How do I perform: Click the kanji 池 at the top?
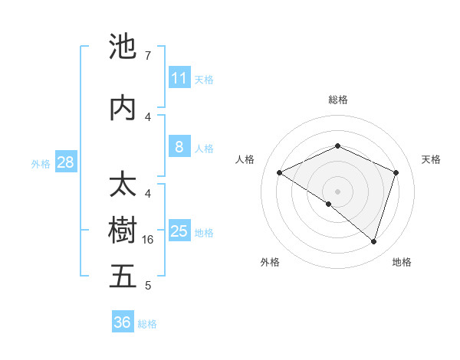123,47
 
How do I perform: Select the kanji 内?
123,108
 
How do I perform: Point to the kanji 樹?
123,231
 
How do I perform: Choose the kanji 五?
123,277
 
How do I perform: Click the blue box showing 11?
179,77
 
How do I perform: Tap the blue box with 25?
179,231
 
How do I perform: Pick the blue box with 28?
65,162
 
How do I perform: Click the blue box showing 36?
123,322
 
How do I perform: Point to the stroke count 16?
149,240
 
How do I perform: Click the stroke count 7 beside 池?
148,56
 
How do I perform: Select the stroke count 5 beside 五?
148,286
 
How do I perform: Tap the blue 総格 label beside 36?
148,324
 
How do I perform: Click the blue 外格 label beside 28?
41,163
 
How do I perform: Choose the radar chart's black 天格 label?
431,159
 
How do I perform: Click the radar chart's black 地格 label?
402,262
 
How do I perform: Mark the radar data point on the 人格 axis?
280,172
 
